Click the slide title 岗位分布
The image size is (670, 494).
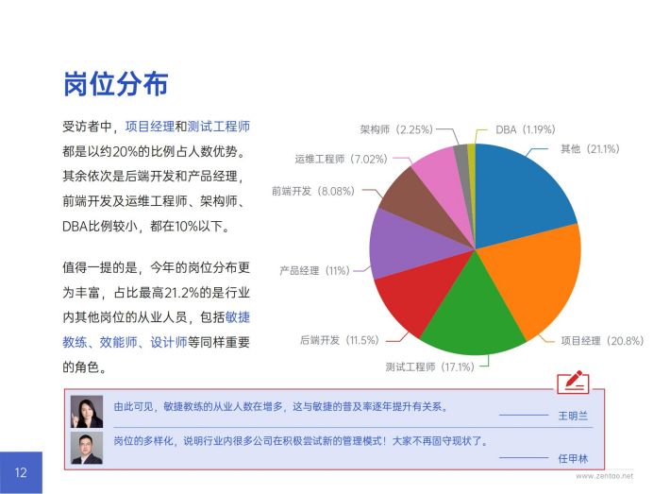[x=115, y=84]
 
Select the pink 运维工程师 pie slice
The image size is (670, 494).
[x=444, y=179]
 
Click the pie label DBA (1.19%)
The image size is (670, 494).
[x=525, y=129]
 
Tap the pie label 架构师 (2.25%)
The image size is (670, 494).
[x=396, y=129]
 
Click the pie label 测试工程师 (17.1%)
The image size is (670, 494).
[x=430, y=366]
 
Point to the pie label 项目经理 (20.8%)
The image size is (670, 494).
[x=602, y=340]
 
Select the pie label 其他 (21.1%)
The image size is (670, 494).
[x=590, y=149]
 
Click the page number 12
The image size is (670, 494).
[x=21, y=472]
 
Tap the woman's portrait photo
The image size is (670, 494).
[x=87, y=412]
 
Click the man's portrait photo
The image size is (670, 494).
[x=87, y=448]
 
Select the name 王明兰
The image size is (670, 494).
[x=573, y=416]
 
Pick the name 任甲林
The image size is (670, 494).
[x=573, y=458]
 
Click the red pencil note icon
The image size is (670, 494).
[x=573, y=382]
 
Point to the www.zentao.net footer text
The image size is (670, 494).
[x=604, y=476]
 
